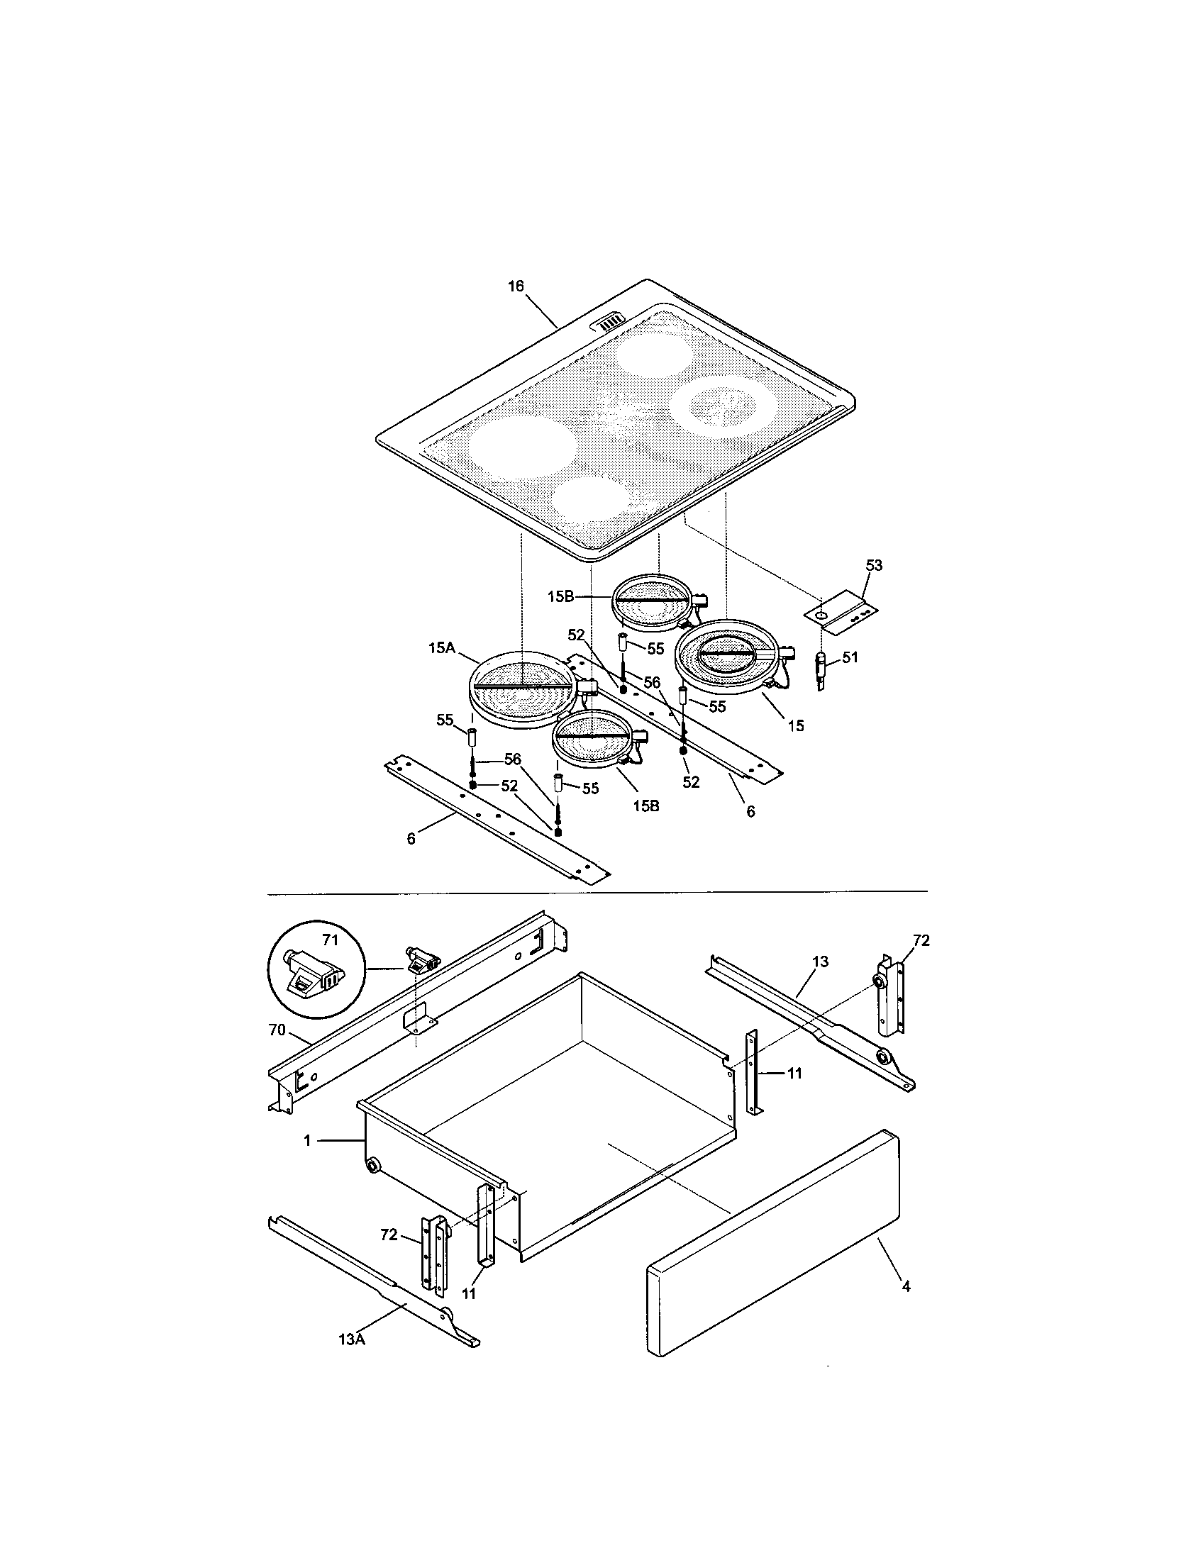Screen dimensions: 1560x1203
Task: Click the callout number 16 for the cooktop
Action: click(x=516, y=286)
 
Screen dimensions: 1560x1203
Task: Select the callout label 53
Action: click(x=874, y=566)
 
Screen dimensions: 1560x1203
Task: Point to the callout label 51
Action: click(x=849, y=657)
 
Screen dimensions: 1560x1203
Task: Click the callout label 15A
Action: click(x=441, y=648)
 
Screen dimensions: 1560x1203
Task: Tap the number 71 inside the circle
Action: click(x=329, y=940)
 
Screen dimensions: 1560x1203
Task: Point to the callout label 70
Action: click(x=277, y=1030)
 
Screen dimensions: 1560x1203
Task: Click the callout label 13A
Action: click(x=352, y=1359)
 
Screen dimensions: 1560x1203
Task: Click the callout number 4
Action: click(x=906, y=1286)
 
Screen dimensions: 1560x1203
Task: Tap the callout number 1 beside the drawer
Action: click(x=307, y=1141)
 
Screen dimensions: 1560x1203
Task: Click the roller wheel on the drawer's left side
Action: click(x=372, y=1166)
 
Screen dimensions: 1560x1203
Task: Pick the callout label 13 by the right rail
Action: click(x=820, y=962)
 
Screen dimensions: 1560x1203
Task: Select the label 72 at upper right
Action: click(x=921, y=941)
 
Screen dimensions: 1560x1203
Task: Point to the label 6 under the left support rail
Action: click(x=411, y=840)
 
